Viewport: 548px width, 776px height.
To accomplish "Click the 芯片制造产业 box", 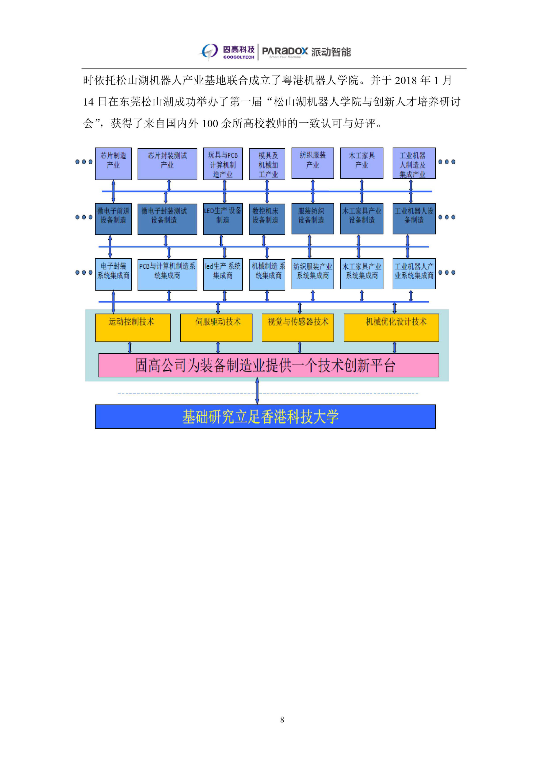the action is tap(113, 164).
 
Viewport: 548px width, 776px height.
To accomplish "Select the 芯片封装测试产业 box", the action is tap(167, 164).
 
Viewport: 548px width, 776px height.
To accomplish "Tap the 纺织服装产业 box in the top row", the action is tap(313, 163).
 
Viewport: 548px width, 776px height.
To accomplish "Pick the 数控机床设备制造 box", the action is tap(267, 219).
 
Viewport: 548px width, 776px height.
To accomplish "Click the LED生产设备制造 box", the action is tap(223, 219).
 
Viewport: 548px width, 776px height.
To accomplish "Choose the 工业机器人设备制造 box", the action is tap(414, 219).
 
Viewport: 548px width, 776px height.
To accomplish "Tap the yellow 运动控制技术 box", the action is tap(133, 328).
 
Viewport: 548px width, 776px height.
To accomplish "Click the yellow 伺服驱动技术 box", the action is tap(216, 328).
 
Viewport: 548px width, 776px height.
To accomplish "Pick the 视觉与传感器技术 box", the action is tap(298, 328).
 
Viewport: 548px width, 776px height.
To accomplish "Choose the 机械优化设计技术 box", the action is tap(391, 328).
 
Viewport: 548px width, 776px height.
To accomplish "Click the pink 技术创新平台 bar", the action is tap(268, 365).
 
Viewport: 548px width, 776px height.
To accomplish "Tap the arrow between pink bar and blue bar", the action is tap(257, 391).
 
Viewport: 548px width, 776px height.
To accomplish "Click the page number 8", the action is tap(282, 719).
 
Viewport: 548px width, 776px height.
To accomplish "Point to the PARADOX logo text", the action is tap(285, 51).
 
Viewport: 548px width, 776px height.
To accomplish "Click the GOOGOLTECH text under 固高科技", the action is tap(239, 57).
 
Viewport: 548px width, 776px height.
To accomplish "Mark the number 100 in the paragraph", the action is tap(210, 123).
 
